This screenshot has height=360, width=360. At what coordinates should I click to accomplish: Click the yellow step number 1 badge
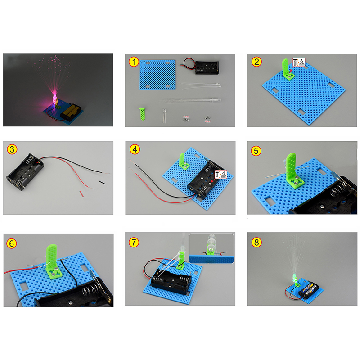point(134,62)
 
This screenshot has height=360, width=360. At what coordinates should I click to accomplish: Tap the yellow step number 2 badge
point(256,62)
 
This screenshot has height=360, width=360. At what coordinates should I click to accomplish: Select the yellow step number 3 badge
point(12,149)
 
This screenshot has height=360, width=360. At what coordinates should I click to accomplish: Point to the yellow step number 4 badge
point(135,149)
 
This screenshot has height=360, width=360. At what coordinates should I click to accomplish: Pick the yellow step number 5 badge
point(256,151)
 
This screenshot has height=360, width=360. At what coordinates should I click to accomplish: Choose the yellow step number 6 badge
point(12,243)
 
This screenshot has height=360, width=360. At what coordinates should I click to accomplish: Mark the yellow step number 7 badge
point(134,242)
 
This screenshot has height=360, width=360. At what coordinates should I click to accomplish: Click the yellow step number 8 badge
point(256,242)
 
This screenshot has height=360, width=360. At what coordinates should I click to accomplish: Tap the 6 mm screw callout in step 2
point(299,62)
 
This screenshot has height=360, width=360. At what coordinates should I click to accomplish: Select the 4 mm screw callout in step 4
point(220,175)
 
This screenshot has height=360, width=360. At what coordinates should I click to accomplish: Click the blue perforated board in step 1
point(157,75)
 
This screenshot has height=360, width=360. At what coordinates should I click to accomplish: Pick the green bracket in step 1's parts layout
point(142,114)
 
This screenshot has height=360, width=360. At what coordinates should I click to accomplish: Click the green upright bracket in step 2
point(287,69)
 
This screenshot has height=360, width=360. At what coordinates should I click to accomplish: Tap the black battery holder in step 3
point(25,172)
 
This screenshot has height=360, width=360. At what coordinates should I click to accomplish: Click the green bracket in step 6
point(54,262)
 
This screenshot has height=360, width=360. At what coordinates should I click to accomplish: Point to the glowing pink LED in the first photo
point(54,99)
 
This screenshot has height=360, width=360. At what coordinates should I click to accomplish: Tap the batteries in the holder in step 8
point(308,290)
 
